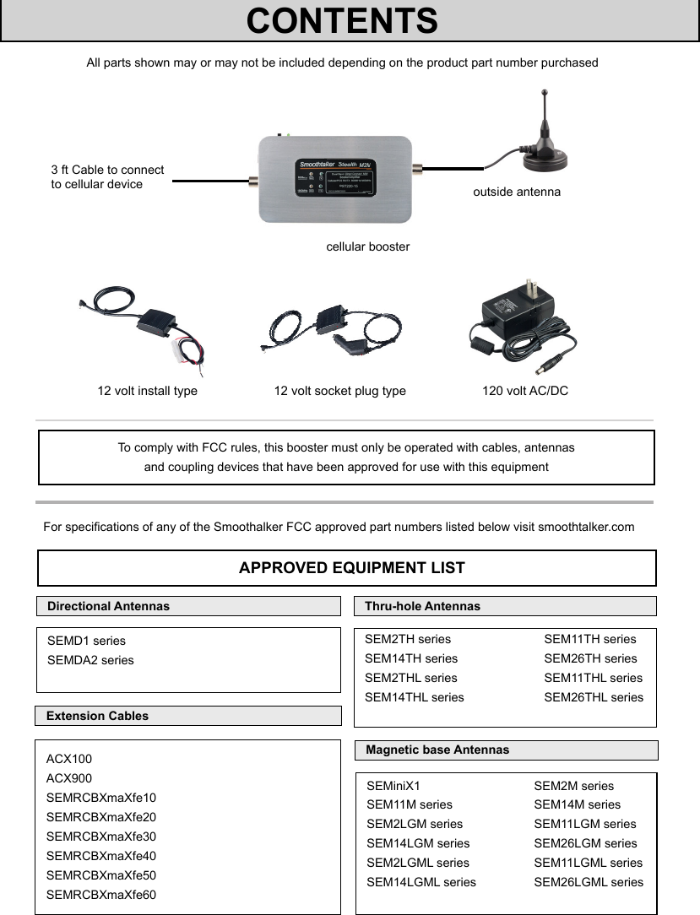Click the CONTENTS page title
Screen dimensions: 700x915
coord(342,21)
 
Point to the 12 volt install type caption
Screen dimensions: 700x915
coord(148,391)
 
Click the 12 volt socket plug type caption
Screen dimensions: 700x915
coord(339,391)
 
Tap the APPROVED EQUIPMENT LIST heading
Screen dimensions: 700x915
coord(351,568)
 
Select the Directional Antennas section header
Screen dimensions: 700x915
coord(108,606)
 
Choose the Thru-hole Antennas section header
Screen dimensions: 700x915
coord(422,606)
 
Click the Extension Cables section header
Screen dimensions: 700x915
coord(97,716)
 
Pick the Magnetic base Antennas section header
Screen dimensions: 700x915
coord(437,750)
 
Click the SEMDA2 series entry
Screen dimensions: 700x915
coord(90,660)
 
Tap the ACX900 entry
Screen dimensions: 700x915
coord(69,778)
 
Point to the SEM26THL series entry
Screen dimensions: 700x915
coord(594,697)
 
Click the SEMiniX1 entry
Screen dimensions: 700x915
coord(393,786)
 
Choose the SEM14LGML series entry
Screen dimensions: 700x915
coord(421,882)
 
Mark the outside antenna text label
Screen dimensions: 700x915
coord(517,192)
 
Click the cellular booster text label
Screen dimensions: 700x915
coord(368,246)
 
